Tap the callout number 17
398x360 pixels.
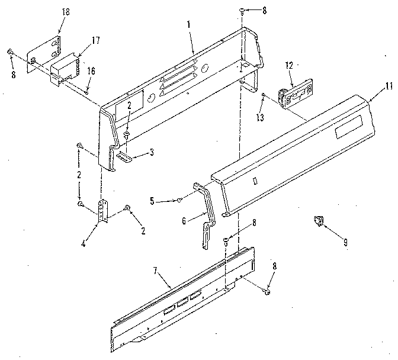click(x=95, y=40)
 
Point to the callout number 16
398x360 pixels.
click(x=91, y=70)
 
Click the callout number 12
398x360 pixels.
click(x=289, y=66)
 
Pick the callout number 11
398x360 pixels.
click(x=387, y=86)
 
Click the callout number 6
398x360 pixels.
click(x=185, y=220)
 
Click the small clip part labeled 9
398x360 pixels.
click(x=319, y=221)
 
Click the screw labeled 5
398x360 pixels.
click(x=179, y=201)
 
